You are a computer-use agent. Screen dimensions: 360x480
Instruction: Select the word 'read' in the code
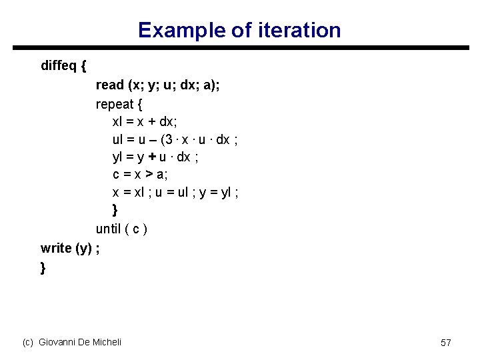(x=110, y=85)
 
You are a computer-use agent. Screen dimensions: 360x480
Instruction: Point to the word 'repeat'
(x=115, y=104)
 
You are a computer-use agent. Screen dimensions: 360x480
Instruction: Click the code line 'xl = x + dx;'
(x=145, y=123)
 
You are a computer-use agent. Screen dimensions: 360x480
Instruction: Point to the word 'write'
(x=56, y=248)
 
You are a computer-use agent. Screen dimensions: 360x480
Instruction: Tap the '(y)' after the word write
(x=83, y=248)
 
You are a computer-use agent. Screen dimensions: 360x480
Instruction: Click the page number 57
(x=446, y=342)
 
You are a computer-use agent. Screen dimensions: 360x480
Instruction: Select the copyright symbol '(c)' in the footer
(x=28, y=342)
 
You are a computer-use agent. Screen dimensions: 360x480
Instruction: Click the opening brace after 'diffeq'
(x=82, y=65)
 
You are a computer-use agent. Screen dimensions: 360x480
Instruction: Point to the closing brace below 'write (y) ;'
(x=43, y=267)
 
